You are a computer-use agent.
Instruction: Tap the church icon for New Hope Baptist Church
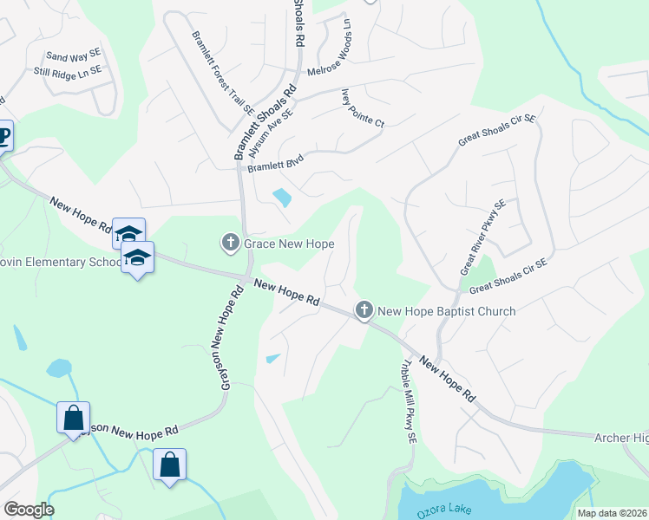(364, 310)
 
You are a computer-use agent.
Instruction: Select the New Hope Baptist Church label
(447, 311)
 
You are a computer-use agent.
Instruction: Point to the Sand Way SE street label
(73, 55)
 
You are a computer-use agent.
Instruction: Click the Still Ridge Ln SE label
(67, 71)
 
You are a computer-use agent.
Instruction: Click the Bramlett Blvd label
(272, 169)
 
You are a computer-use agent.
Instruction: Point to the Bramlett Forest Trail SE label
(222, 74)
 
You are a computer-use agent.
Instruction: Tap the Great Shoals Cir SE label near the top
(497, 130)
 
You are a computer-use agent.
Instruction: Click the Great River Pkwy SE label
(482, 237)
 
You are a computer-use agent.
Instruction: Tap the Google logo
(29, 510)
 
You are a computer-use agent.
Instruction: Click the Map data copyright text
(611, 513)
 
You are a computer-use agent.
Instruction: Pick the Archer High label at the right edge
(621, 439)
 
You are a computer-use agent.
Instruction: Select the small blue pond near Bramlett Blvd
(283, 198)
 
